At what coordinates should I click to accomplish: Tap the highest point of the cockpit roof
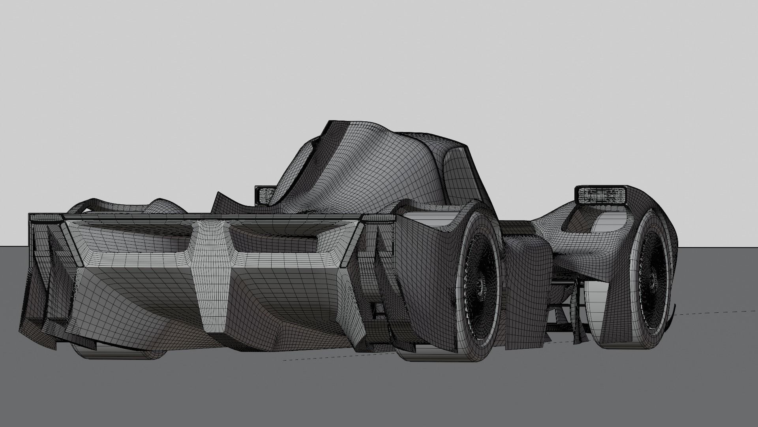click(332, 123)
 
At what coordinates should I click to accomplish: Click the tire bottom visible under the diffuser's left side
click(118, 351)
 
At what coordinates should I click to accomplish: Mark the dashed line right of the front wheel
click(715, 310)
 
